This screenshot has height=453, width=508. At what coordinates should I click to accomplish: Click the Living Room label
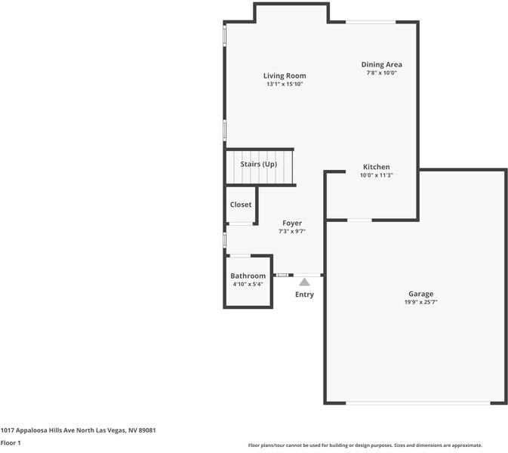pyautogui.click(x=285, y=75)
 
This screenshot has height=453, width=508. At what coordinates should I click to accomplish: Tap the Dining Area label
pyautogui.click(x=381, y=65)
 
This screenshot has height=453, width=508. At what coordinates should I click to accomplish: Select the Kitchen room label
pyautogui.click(x=376, y=167)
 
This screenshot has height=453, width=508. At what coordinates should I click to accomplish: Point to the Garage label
pyautogui.click(x=420, y=294)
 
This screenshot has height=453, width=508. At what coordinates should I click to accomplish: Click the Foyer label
pyautogui.click(x=292, y=223)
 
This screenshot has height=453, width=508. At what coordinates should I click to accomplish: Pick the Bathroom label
pyautogui.click(x=248, y=276)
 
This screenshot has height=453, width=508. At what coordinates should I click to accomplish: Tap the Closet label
pyautogui.click(x=241, y=205)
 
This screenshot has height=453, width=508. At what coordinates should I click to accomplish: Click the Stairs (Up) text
pyautogui.click(x=258, y=164)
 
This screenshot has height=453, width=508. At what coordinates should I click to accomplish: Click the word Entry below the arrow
pyautogui.click(x=304, y=294)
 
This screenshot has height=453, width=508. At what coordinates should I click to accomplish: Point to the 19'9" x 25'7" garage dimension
pyautogui.click(x=420, y=302)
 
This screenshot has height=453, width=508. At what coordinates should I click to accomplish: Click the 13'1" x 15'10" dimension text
pyautogui.click(x=285, y=84)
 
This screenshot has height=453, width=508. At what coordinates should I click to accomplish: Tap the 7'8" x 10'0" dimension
pyautogui.click(x=381, y=73)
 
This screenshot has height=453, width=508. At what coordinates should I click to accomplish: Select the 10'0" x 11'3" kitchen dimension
pyautogui.click(x=376, y=175)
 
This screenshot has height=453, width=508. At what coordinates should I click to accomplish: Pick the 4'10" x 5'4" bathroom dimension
pyautogui.click(x=248, y=285)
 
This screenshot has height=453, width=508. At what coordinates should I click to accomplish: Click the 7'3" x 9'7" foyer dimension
pyautogui.click(x=292, y=231)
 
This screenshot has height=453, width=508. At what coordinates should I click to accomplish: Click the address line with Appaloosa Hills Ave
pyautogui.click(x=78, y=430)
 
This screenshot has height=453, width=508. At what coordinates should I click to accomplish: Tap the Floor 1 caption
pyautogui.click(x=11, y=442)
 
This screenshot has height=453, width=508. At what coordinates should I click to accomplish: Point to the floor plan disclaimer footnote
pyautogui.click(x=365, y=445)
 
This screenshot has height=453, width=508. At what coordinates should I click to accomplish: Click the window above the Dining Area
pyautogui.click(x=371, y=22)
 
